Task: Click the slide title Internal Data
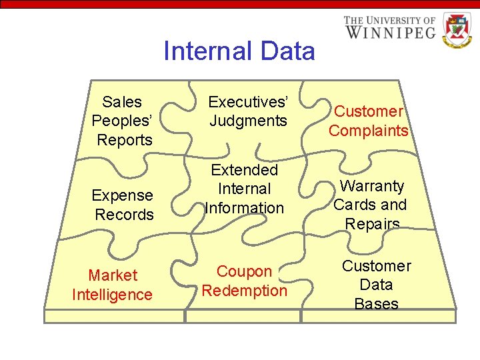point(239,51)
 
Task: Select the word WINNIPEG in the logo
point(390,31)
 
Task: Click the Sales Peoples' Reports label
point(123,121)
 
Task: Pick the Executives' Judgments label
point(248,111)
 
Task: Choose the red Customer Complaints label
point(369,121)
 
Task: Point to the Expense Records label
point(123,205)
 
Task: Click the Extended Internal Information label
point(245,189)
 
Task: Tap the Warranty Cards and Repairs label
point(371,205)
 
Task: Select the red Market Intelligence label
point(112,285)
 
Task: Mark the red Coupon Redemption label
point(245,281)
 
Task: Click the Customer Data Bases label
point(377,285)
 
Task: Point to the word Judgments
point(248,121)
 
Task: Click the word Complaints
point(369,131)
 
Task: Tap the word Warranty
point(371,185)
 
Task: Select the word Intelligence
point(112,295)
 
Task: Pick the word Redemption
point(245,291)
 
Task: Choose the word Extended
point(245,170)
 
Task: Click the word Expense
point(123,195)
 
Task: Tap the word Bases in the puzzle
point(377,304)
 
